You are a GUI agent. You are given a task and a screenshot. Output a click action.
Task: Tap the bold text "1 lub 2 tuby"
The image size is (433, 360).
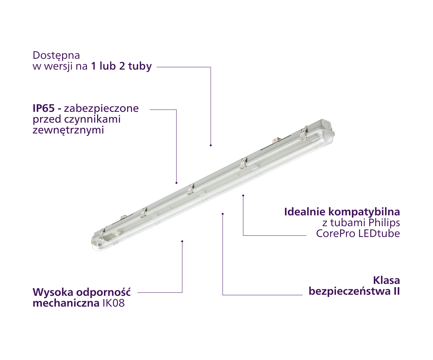(x=121, y=66)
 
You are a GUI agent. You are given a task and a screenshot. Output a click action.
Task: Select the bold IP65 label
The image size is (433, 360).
(x=44, y=108)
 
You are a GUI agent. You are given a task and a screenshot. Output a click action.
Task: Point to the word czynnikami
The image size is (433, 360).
(x=92, y=119)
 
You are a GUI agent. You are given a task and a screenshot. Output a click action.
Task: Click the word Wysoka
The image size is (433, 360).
(x=53, y=292)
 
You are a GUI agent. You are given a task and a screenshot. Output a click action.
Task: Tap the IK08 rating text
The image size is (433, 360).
(x=114, y=303)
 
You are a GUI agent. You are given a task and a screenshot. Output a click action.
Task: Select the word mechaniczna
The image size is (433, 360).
(x=66, y=303)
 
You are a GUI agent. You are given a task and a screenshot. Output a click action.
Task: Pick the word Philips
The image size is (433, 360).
(x=384, y=223)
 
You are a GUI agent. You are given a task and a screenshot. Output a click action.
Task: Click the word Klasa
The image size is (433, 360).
(x=386, y=281)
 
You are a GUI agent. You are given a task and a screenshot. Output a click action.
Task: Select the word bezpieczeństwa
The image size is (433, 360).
(x=349, y=291)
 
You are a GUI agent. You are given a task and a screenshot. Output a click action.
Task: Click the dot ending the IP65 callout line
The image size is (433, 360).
(x=176, y=183)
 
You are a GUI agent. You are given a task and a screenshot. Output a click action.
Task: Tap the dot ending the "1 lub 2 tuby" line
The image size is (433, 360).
(x=211, y=145)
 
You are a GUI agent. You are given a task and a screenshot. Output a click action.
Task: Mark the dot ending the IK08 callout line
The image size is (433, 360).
(x=182, y=241)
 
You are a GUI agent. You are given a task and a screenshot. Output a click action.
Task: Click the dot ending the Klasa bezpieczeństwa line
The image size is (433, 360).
(x=223, y=214)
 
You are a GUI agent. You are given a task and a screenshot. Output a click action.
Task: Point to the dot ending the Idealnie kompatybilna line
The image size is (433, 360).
(x=243, y=196)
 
